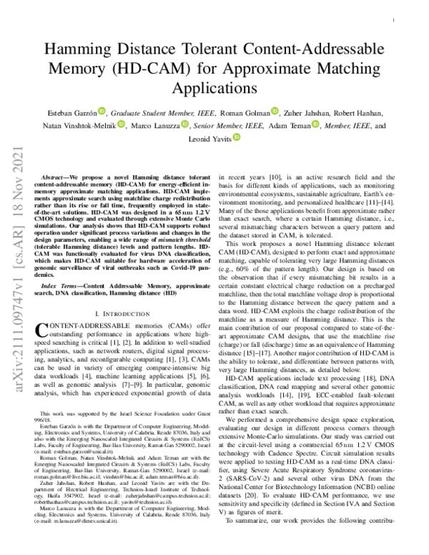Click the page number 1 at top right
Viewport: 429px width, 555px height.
(x=395, y=22)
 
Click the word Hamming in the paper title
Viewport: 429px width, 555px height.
(x=78, y=51)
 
